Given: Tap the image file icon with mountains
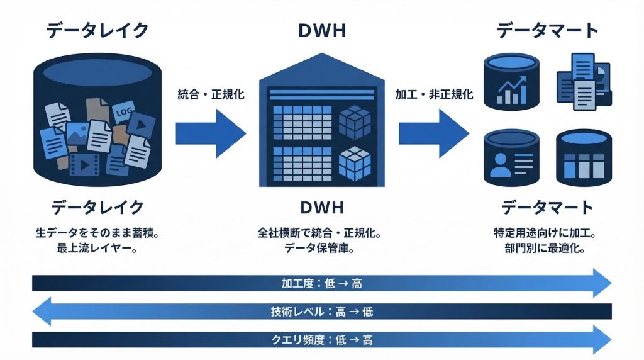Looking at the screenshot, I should click(x=79, y=132).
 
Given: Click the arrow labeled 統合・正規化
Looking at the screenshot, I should click(x=210, y=133).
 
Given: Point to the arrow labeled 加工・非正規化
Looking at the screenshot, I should click(x=433, y=133).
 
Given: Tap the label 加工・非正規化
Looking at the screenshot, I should click(x=434, y=95).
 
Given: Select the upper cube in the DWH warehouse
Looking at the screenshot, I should click(x=354, y=122).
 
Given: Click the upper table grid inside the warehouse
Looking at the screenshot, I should click(x=300, y=122).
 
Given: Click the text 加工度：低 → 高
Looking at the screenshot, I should click(x=321, y=284).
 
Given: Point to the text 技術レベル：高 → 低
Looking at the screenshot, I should click(x=321, y=312).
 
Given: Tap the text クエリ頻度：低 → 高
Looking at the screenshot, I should click(x=321, y=340).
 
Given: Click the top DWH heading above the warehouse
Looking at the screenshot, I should click(x=322, y=30).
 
